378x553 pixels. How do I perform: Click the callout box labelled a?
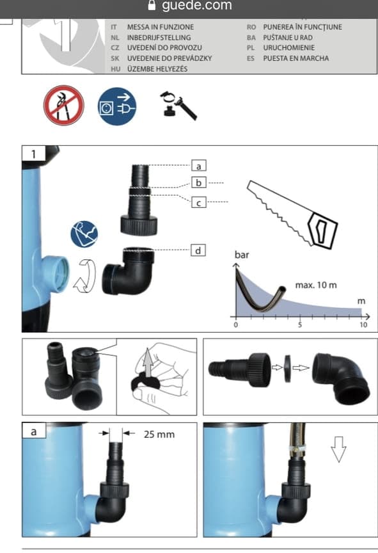pyautogui.click(x=199, y=165)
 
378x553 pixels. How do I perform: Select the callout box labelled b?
pyautogui.click(x=199, y=182)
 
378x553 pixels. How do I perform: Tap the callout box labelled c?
pyautogui.click(x=199, y=202)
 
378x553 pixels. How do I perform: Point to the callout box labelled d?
pyautogui.click(x=198, y=250)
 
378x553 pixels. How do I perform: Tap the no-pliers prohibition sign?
pyautogui.click(x=64, y=105)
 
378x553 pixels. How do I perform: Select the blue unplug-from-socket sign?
pyautogui.click(x=116, y=106)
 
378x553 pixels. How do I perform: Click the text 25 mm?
pyautogui.click(x=159, y=434)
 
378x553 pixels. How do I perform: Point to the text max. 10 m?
pyautogui.click(x=316, y=285)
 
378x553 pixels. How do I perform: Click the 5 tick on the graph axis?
pyautogui.click(x=300, y=325)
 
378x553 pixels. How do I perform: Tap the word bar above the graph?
pyautogui.click(x=242, y=255)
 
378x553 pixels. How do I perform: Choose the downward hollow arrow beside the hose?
pyautogui.click(x=338, y=449)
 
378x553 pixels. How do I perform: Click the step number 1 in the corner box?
pyautogui.click(x=33, y=154)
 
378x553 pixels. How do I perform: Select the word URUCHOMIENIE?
pyautogui.click(x=289, y=47)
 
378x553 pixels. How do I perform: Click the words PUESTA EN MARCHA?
pyautogui.click(x=296, y=58)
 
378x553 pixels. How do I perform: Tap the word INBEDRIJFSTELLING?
pyautogui.click(x=159, y=37)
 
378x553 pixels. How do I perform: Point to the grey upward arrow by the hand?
pyautogui.click(x=149, y=362)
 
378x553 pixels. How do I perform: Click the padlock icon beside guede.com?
pyautogui.click(x=152, y=5)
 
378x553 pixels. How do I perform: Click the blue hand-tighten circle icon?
pyautogui.click(x=84, y=234)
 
